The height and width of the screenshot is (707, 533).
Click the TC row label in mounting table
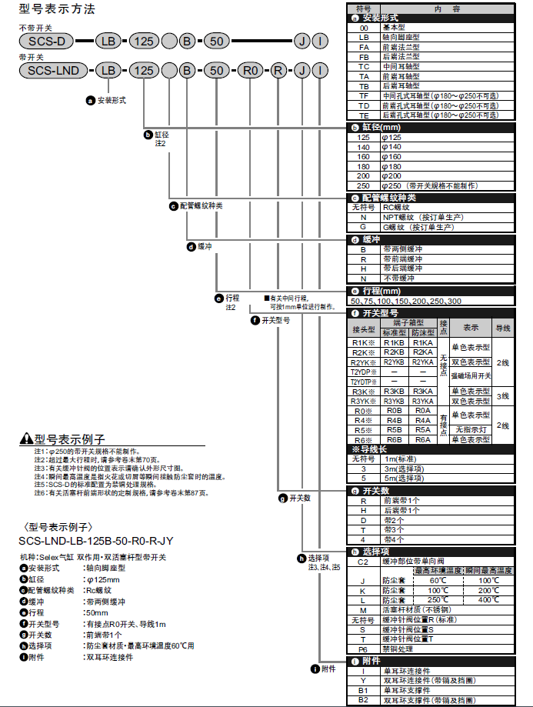(x=364, y=66)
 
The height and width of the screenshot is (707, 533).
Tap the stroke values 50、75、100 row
(x=406, y=302)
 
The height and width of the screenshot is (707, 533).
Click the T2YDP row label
(x=364, y=372)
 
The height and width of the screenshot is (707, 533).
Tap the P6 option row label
(x=364, y=649)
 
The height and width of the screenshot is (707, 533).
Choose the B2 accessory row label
(x=364, y=699)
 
